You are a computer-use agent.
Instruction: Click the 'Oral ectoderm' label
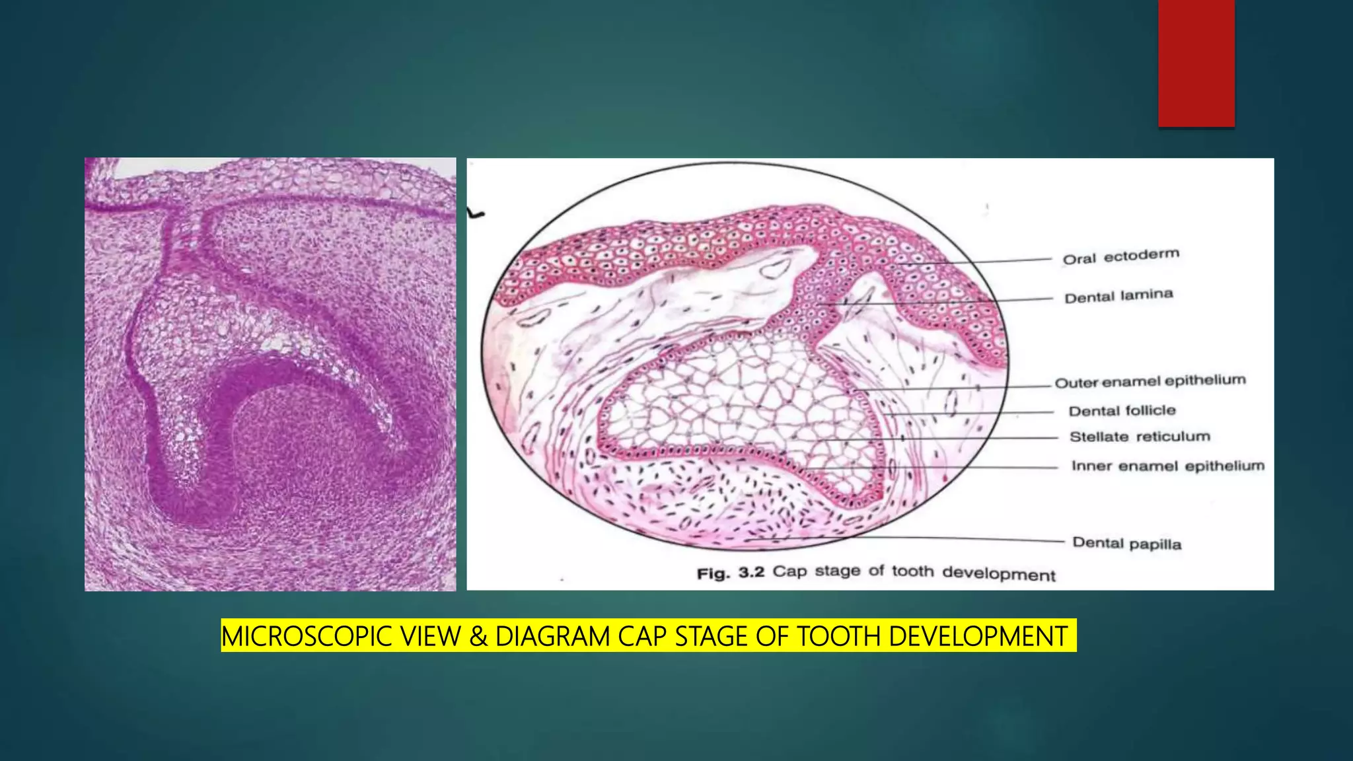(1120, 256)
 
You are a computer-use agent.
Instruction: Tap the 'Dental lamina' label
(1118, 296)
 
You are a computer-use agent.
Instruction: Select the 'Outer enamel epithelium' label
(1150, 382)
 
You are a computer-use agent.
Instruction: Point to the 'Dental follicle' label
(1122, 411)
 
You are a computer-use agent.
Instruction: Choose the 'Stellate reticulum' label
(1140, 437)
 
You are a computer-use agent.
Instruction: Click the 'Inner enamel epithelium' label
(1167, 466)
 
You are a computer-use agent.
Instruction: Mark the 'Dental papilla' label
(1126, 543)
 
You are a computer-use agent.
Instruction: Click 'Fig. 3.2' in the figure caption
(730, 573)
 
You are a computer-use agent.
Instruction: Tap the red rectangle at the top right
(1196, 63)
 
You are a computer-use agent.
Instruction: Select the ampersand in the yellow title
(478, 636)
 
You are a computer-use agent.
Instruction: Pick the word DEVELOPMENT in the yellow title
(978, 636)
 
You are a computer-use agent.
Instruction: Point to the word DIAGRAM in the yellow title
(552, 636)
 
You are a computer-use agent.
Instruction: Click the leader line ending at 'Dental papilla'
(925, 539)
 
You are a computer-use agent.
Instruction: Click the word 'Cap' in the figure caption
(790, 571)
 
